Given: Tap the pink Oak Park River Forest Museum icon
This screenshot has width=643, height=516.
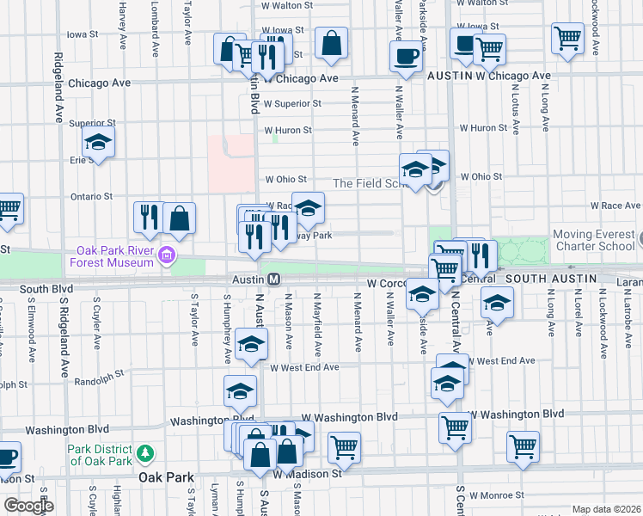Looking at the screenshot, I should (167, 255).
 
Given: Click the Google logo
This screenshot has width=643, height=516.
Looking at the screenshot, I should (28, 505).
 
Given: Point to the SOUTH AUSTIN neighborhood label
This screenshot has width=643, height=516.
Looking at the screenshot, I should (548, 279).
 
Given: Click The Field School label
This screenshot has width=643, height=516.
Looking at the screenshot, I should (368, 183).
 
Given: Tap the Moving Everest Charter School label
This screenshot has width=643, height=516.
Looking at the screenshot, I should (593, 240).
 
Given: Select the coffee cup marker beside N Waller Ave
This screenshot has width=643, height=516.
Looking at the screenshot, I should (406, 57).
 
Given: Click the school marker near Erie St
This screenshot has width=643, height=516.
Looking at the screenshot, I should (98, 143).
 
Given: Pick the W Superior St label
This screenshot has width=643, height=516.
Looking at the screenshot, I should (292, 104).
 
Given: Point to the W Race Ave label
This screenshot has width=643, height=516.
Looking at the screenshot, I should (615, 206).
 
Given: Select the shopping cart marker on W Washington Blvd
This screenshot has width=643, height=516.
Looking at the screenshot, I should (455, 426).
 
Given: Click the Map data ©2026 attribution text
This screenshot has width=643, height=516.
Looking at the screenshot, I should (606, 509).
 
